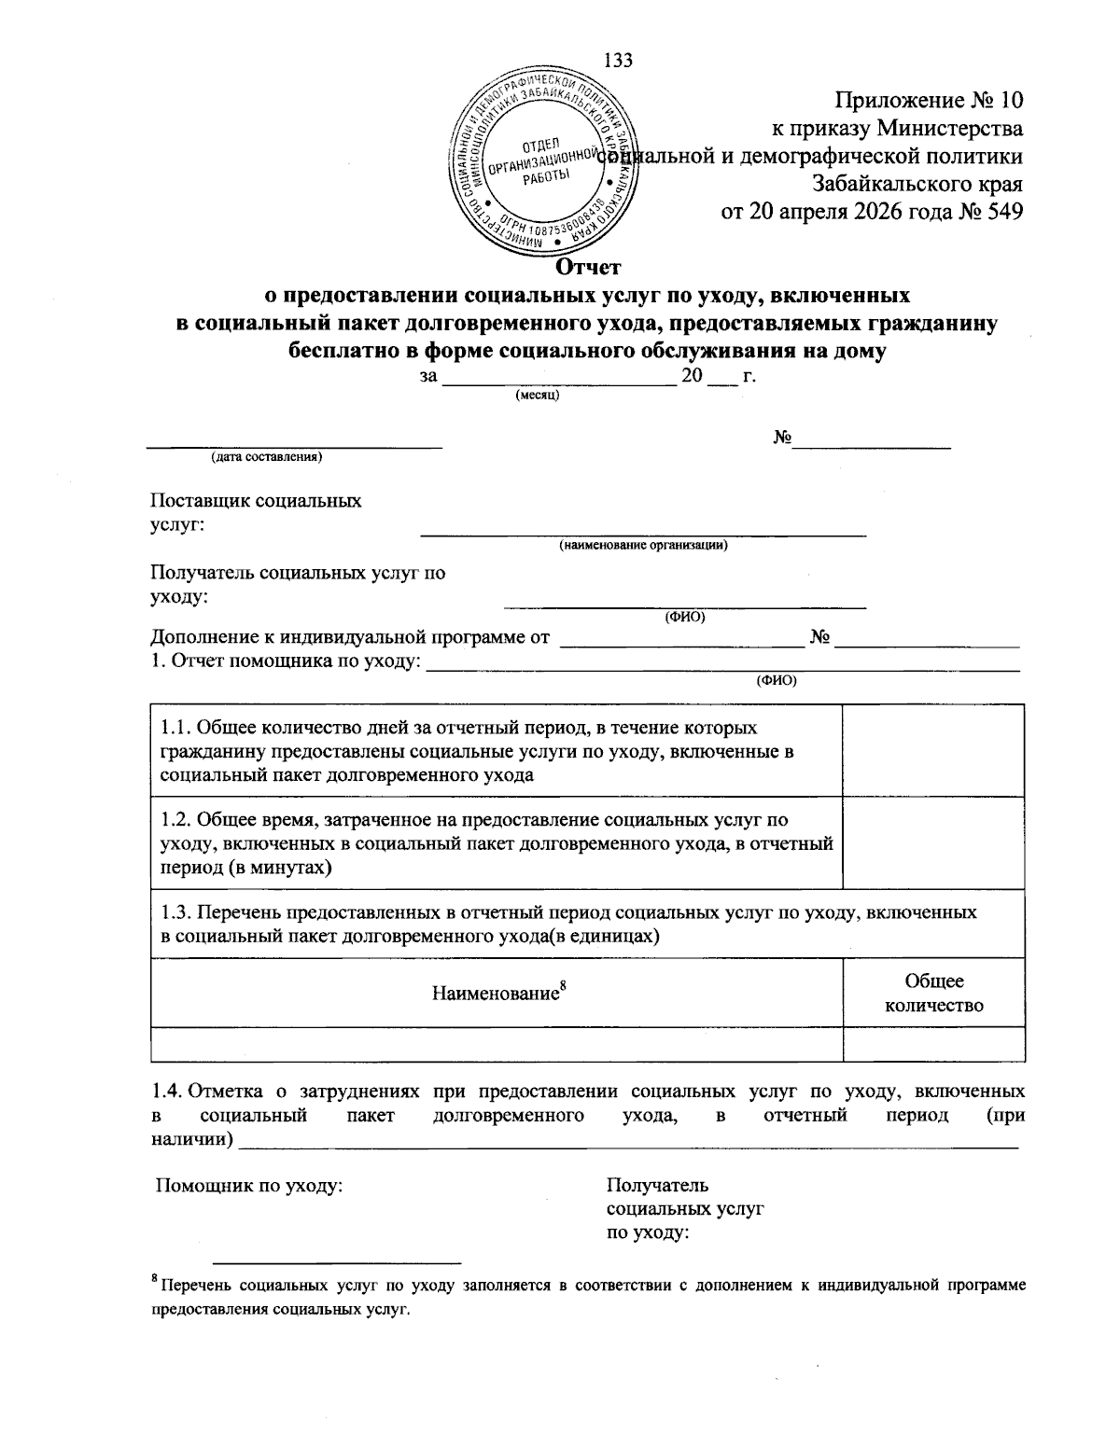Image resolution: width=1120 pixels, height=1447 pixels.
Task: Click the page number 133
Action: click(x=619, y=61)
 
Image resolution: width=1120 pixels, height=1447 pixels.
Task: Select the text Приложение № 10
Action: click(x=930, y=100)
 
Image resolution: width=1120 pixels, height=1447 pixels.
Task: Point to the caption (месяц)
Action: click(x=537, y=396)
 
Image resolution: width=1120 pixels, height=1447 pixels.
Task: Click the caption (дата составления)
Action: click(x=266, y=457)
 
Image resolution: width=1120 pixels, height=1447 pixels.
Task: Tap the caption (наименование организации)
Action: click(x=643, y=546)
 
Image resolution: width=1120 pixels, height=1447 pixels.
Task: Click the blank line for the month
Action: click(x=558, y=380)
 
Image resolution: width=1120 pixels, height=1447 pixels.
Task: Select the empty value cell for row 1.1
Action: click(x=933, y=751)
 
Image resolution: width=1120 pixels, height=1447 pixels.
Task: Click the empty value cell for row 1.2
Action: click(x=933, y=843)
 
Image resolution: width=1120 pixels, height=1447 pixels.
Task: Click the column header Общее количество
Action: click(x=933, y=993)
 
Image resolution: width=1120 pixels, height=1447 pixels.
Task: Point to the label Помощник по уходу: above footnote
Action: click(x=248, y=1186)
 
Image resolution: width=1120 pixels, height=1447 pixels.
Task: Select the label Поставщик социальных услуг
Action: click(x=256, y=512)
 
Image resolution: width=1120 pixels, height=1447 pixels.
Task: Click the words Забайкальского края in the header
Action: click(x=917, y=184)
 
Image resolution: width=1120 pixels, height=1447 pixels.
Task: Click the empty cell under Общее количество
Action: click(x=933, y=1044)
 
